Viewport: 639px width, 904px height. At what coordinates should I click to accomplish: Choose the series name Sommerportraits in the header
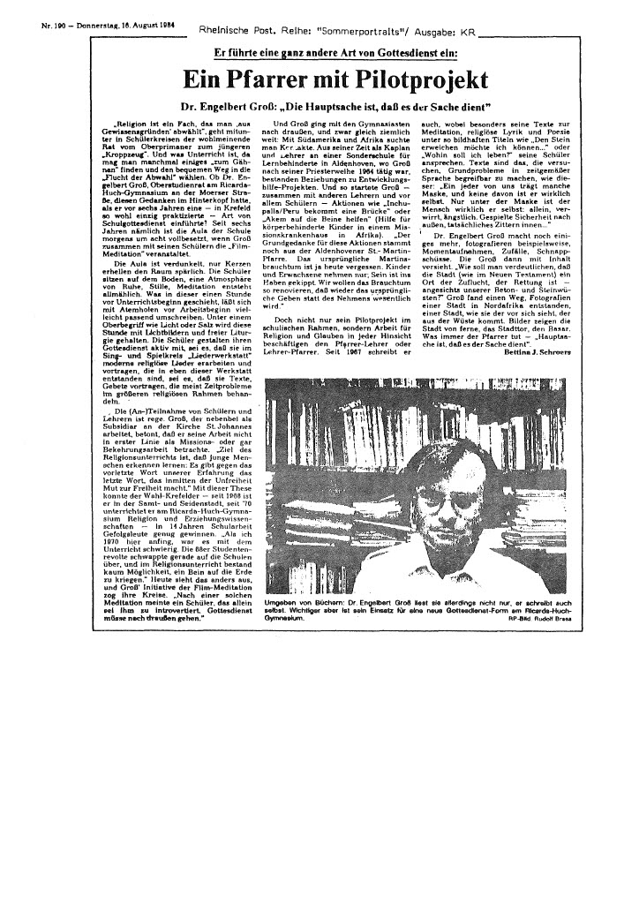tap(350, 27)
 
